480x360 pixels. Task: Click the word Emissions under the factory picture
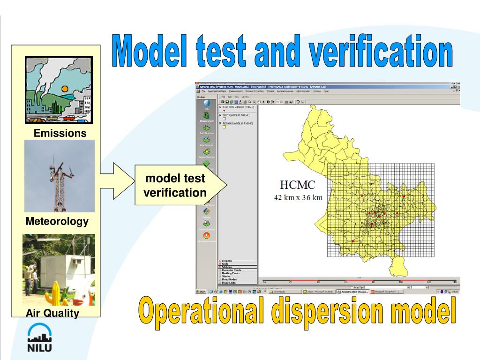[60, 133]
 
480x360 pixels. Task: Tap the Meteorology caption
[57, 221]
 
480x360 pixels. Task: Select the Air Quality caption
[52, 313]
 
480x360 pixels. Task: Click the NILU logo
[39, 337]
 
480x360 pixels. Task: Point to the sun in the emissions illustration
[65, 89]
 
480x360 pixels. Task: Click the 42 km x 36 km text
[299, 198]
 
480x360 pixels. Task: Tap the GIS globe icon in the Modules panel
[207, 104]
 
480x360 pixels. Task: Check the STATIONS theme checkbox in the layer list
[221, 107]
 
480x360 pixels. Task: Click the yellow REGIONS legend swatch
[224, 127]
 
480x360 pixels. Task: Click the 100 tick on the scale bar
[401, 282]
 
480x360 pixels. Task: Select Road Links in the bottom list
[229, 283]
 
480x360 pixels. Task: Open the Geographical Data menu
[218, 91]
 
